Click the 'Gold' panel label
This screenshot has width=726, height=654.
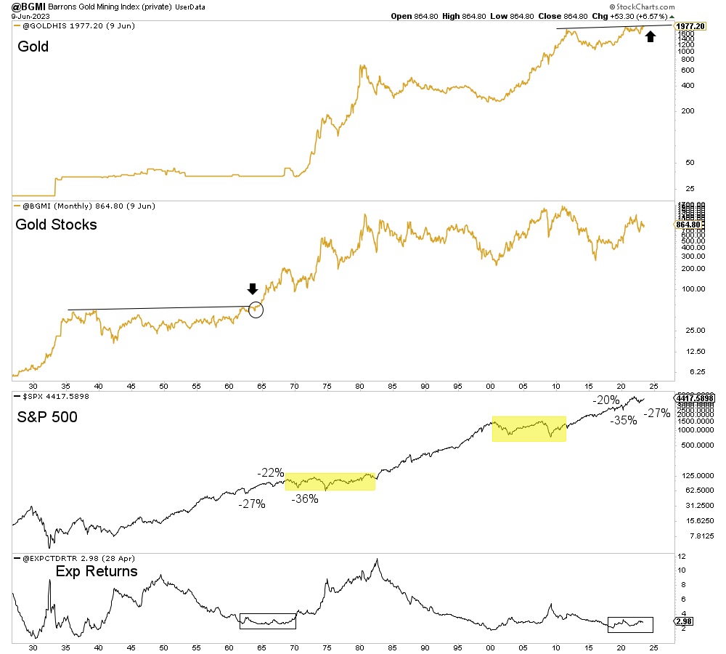point(32,47)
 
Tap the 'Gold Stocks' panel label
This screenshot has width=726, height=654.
point(56,225)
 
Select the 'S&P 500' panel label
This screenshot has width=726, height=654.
point(48,416)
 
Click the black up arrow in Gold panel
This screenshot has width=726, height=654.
point(650,36)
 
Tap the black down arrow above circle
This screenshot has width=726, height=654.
point(253,288)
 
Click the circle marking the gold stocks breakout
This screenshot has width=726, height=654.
point(255,310)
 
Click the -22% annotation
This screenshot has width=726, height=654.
point(270,473)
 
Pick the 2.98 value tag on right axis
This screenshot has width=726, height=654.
point(682,622)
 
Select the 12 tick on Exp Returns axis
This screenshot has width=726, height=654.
point(681,557)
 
